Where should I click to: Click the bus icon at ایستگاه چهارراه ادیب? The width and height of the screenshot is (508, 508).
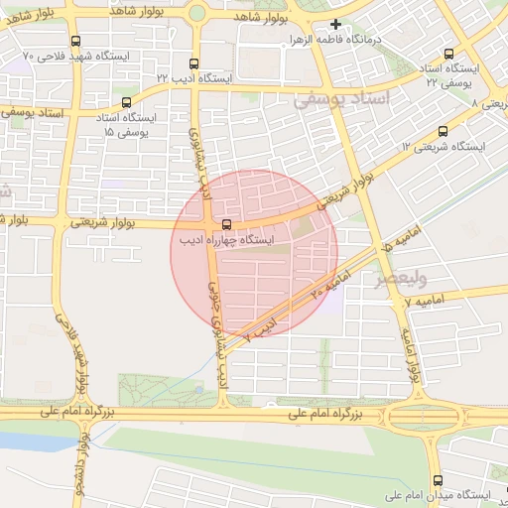coord(227,225)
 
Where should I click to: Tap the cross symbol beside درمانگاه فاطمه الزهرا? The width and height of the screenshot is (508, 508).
coord(335,25)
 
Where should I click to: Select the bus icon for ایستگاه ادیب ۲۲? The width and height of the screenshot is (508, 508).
coord(195,62)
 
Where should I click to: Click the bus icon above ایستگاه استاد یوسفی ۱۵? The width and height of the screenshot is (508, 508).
coord(125,101)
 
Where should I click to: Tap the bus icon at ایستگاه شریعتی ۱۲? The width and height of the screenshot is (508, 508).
coord(442,130)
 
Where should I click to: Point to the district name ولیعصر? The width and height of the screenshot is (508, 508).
coord(395,279)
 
